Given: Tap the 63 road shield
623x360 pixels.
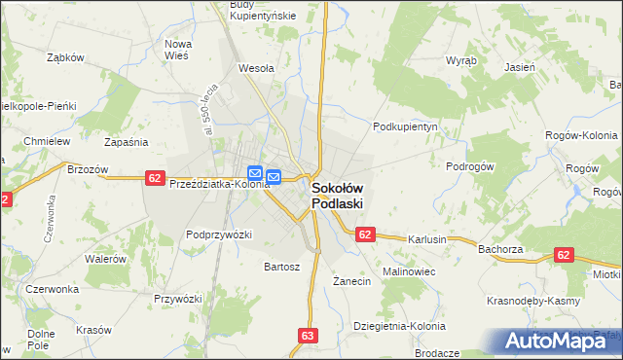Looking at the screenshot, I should coord(309,336).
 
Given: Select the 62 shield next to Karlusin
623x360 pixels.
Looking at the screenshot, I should coord(365,234).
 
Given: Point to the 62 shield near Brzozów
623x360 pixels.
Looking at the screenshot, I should coord(155,177).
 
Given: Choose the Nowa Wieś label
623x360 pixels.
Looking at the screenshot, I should coord(183,50).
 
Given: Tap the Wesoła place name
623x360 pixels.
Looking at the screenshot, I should coord(256,69).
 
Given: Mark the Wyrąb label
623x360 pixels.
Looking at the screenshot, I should coord(460,59).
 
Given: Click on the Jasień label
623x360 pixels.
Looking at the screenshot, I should coord(519,67).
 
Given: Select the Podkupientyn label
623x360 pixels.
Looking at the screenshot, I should coord(407,126).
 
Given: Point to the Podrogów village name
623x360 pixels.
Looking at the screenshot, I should coord(471,165).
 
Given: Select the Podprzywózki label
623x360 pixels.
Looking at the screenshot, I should coord(219,234).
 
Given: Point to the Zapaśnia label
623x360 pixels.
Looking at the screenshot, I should coord(126,142).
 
